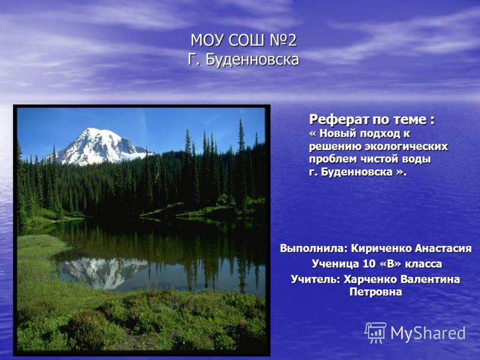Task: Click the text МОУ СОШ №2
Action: pyautogui.click(x=244, y=40)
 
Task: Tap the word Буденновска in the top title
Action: pyautogui.click(x=252, y=59)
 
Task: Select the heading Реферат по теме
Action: pyautogui.click(x=371, y=119)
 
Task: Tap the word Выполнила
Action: pyautogui.click(x=314, y=248)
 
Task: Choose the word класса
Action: pyautogui.click(x=424, y=264)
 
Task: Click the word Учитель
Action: pyautogui.click(x=316, y=279)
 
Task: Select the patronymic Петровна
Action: pyautogui.click(x=376, y=292)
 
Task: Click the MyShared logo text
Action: pyautogui.click(x=428, y=333)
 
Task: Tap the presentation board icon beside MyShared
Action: pyautogui.click(x=376, y=333)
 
